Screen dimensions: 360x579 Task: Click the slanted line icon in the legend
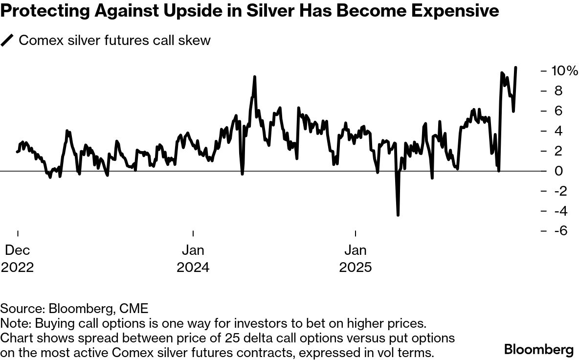7,40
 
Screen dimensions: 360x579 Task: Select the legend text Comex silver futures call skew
114,40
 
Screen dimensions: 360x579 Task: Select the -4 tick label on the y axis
555,211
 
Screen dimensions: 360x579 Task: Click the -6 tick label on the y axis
555,231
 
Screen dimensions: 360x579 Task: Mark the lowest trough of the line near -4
398,215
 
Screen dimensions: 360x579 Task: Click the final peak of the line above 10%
516,68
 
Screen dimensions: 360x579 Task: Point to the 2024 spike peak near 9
255,77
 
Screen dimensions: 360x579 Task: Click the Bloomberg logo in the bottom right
539,350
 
